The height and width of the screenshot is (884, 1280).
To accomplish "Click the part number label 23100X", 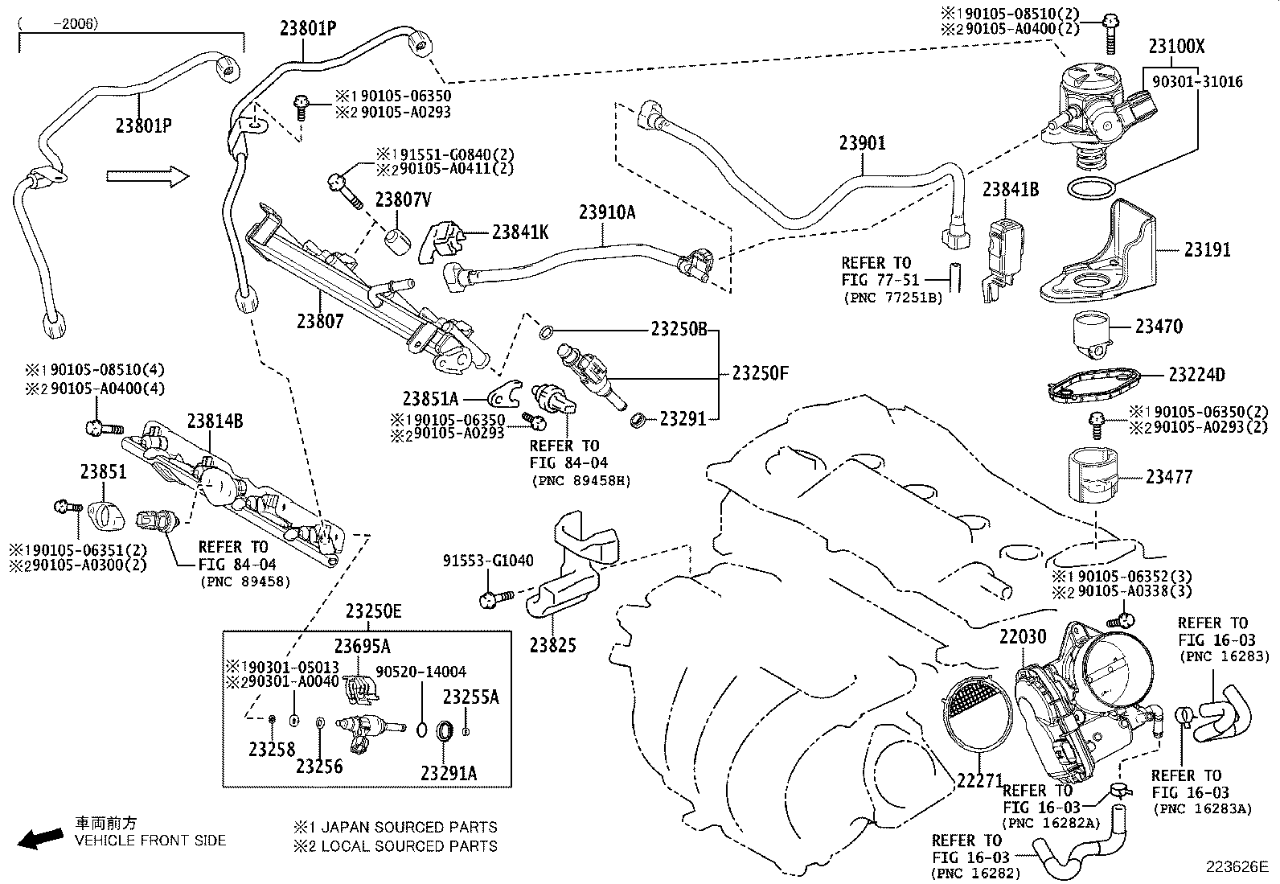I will click(x=1176, y=46).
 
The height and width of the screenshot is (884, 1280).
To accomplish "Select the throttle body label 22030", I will click(x=1023, y=637).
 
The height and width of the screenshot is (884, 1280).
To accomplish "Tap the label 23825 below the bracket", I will click(x=552, y=645).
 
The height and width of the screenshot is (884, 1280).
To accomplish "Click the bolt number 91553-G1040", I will click(x=488, y=561).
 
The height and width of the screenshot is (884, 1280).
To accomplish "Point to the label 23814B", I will click(x=215, y=421).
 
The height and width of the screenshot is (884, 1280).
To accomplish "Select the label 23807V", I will click(x=404, y=200).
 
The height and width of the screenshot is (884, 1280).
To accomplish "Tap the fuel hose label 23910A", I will click(x=606, y=212).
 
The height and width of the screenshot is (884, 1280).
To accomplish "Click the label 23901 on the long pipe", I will click(x=862, y=143).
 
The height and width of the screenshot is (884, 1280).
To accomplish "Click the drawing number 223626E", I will click(x=1235, y=866).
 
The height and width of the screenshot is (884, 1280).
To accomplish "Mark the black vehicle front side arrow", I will click(x=40, y=838).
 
